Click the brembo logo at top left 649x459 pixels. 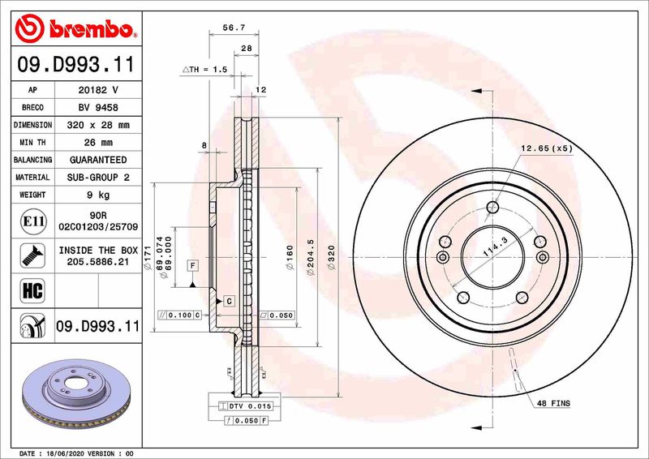click(74, 29)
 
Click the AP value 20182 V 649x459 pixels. click(97, 90)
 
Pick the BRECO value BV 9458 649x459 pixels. click(97, 107)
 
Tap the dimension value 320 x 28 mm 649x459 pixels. click(97, 125)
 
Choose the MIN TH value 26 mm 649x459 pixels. click(97, 143)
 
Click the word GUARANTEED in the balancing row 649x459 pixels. click(97, 160)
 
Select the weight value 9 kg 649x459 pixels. click(97, 195)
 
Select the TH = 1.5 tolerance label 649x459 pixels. click(204, 71)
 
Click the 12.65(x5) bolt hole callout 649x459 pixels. click(547, 148)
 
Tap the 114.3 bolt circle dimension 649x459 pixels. click(492, 247)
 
